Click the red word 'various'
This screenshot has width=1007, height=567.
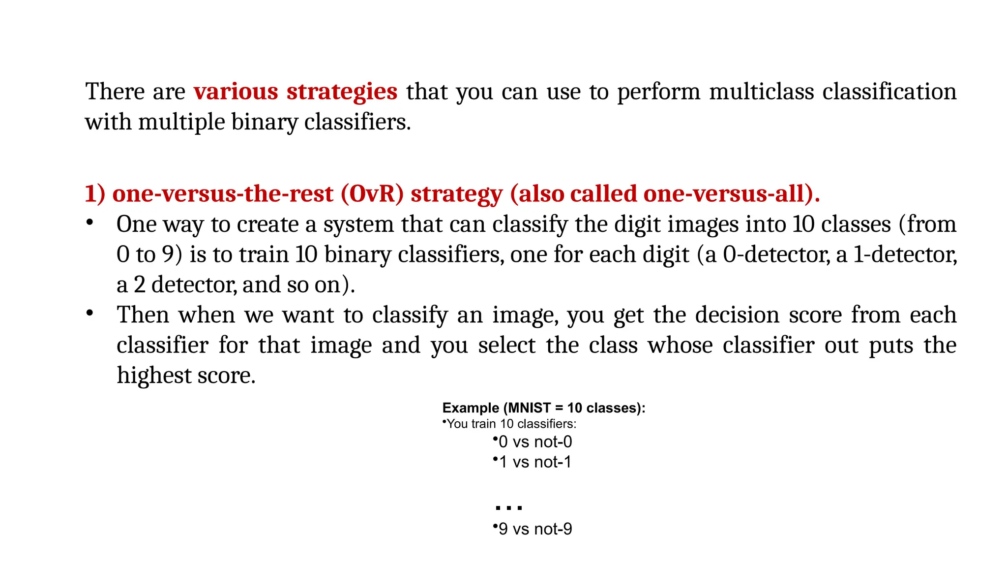click(236, 92)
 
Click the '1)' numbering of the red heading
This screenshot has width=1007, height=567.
click(95, 194)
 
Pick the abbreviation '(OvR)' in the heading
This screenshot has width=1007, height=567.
click(372, 194)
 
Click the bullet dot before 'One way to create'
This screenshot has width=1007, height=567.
click(89, 222)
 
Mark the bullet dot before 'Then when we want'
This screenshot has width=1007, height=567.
click(89, 313)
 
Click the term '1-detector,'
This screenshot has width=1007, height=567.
click(905, 255)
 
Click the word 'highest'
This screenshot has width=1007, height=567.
click(154, 376)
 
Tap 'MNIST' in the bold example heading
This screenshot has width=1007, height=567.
click(529, 408)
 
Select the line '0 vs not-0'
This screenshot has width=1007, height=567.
click(535, 442)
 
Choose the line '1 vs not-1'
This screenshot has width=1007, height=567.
click(535, 462)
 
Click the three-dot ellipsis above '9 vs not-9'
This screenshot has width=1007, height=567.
click(508, 507)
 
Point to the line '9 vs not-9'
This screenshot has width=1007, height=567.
click(535, 529)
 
